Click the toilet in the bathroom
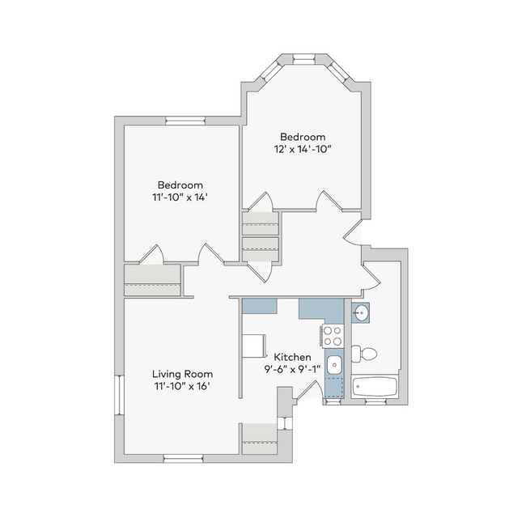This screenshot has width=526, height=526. pos(364,354)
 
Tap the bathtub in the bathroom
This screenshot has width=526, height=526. pos(375,386)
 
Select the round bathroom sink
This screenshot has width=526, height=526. pos(361,312)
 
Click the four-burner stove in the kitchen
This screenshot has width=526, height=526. pos(332,336)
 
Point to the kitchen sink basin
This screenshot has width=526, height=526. pos(334,365)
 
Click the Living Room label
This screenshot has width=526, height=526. pos(183,374)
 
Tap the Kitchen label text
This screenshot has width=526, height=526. pos(292,357)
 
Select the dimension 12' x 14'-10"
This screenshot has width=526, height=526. pos(303,149)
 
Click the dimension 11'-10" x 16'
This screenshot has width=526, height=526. pos(182,387)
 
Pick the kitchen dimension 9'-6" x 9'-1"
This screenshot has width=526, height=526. pos(292,369)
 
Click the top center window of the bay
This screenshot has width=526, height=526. pos(304,60)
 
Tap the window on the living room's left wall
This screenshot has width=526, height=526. pos(119,395)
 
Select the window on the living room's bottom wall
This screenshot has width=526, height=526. pos(183,458)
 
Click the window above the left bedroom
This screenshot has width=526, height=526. pos(185,121)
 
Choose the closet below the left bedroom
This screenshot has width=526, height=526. pos(153,280)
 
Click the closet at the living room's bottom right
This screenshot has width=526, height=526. pos(260,439)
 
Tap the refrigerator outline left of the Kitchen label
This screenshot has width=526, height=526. pos(254,346)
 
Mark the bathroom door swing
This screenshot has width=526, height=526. pos(371,277)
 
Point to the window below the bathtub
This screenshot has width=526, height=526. pos(375,401)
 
